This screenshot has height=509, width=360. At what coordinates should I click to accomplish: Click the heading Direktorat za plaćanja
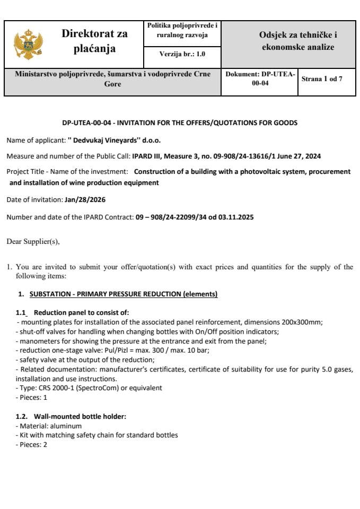pos(94,41)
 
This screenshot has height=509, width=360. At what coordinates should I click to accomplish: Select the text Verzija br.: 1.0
pos(182,54)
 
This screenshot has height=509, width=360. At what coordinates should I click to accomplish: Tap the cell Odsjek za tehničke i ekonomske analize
pos(298,41)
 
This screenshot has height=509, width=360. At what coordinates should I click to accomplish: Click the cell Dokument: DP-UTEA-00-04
pos(260,79)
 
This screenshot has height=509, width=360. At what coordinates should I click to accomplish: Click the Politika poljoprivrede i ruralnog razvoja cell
pos(182,30)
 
